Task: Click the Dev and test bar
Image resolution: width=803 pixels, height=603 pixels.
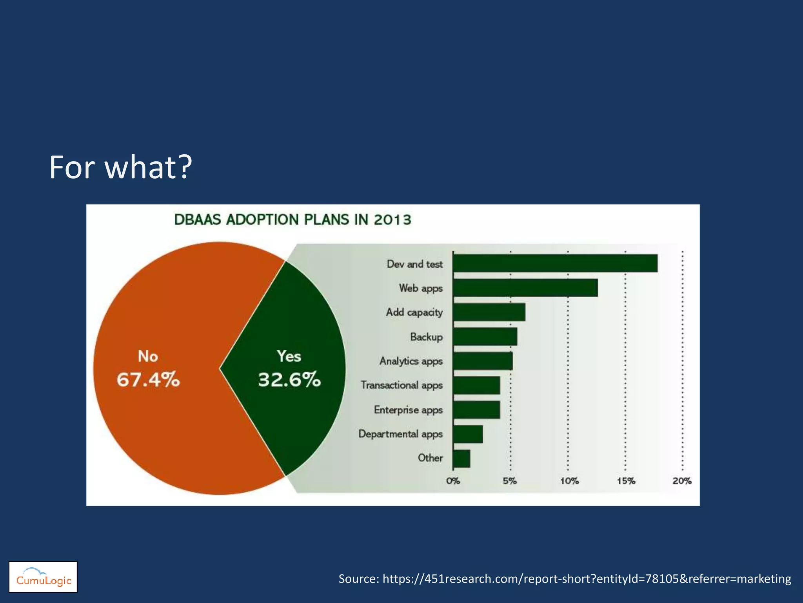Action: coord(555,263)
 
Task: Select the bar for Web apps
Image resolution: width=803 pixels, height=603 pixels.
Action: coord(525,288)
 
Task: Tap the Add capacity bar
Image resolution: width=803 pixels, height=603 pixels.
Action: coord(489,312)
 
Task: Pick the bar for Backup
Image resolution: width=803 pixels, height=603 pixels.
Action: coord(485,336)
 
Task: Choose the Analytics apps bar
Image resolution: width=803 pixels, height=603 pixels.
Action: coord(483,361)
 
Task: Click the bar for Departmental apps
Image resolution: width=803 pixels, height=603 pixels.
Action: coord(468,434)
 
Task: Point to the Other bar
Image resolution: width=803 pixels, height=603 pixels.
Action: coord(461,458)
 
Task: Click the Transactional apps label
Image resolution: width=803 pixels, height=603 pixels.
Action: coord(401,385)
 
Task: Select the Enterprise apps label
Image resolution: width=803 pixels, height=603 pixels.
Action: coord(408,410)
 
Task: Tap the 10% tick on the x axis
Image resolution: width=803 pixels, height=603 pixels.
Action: coord(569,481)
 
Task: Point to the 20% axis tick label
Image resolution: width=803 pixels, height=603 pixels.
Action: coord(682,481)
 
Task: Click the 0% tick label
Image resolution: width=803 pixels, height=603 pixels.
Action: coord(453,481)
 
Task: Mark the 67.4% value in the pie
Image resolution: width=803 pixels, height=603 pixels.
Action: coord(148,380)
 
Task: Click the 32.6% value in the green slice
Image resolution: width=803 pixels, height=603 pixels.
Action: coord(289,380)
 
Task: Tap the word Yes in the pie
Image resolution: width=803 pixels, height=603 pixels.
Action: coord(289,356)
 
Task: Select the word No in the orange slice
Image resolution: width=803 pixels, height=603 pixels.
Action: coord(148,356)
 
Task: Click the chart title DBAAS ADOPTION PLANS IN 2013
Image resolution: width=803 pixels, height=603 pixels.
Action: coord(292,219)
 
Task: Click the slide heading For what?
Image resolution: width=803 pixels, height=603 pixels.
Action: coord(120,167)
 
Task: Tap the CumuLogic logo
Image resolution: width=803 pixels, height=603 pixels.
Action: coord(43,577)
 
